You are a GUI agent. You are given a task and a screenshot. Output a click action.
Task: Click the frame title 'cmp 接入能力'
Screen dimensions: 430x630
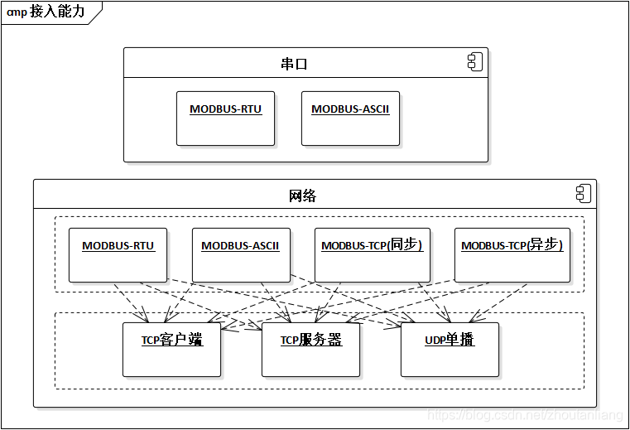(x=46, y=12)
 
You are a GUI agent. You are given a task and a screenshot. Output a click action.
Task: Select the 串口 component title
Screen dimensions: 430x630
(x=294, y=64)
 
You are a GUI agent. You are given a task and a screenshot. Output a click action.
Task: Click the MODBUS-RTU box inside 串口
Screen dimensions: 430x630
(x=226, y=118)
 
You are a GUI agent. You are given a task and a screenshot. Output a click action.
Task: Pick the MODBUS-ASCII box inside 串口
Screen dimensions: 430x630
(x=350, y=118)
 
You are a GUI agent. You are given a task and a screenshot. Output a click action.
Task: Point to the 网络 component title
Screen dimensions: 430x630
(x=302, y=196)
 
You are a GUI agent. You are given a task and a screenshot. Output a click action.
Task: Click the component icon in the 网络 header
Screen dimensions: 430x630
(x=583, y=194)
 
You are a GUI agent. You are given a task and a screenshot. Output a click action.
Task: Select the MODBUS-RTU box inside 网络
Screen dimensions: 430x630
(x=118, y=255)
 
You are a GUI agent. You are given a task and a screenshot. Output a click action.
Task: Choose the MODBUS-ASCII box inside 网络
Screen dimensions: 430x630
(x=241, y=255)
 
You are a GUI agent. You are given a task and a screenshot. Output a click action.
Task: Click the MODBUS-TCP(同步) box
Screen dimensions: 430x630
(x=373, y=255)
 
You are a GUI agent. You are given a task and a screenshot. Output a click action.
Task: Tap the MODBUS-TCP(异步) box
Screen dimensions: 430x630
(x=512, y=255)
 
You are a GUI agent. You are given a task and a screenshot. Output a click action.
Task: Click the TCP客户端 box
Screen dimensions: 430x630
(x=171, y=350)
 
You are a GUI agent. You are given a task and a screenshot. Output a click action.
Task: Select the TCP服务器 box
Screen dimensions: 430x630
(x=310, y=350)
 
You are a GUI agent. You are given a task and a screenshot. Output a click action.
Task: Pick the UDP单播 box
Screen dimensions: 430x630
(x=450, y=350)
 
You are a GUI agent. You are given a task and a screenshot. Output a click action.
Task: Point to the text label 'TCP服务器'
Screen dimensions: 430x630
(x=310, y=341)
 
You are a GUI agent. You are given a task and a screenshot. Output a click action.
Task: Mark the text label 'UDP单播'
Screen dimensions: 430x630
(x=450, y=341)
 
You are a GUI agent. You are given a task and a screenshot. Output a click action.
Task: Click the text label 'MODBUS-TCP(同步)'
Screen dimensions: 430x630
(x=373, y=246)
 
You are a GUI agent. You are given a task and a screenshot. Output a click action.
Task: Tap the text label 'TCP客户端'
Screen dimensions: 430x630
(x=171, y=341)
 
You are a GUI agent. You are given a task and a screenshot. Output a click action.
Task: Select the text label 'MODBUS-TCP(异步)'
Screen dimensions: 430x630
(x=512, y=246)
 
